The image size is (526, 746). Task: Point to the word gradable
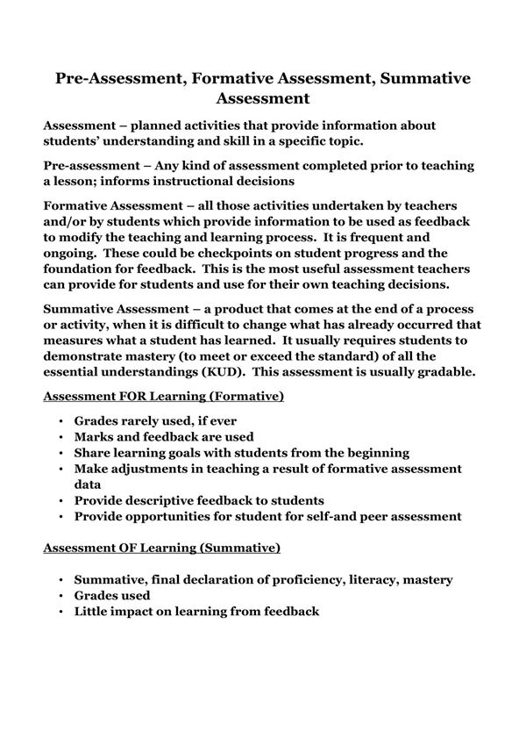coord(443,370)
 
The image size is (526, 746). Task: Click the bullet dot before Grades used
coord(60,596)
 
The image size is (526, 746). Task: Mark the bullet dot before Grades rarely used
coord(60,421)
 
